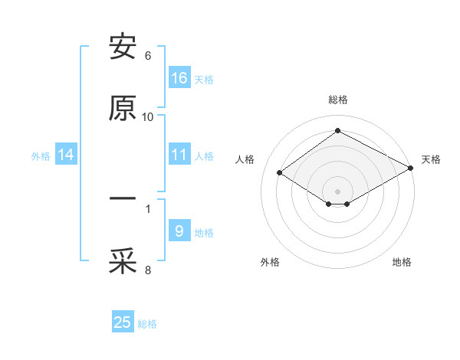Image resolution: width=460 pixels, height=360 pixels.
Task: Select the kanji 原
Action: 123,110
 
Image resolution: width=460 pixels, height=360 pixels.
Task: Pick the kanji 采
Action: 123,261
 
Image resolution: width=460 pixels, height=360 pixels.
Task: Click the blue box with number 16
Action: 179,78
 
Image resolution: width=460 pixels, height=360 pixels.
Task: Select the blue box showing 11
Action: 179,155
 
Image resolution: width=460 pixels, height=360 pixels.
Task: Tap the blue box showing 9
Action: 179,231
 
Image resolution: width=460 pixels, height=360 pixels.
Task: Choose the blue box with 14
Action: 66,155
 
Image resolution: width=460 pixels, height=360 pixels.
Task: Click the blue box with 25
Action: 123,322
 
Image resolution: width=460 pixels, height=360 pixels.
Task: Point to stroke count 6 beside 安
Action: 148,56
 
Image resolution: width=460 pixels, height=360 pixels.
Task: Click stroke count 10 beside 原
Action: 148,117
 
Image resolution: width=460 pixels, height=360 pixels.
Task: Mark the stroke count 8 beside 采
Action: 148,269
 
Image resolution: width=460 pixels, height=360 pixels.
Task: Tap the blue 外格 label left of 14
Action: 41,156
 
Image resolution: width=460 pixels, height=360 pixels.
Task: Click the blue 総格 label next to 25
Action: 147,324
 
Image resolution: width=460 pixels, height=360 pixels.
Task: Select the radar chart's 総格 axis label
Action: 338,100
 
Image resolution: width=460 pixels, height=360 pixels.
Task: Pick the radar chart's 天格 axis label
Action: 431,159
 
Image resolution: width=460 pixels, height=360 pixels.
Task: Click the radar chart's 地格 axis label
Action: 402,262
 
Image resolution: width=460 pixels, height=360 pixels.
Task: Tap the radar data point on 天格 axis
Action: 412,168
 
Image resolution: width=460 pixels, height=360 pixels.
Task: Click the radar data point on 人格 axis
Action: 280,173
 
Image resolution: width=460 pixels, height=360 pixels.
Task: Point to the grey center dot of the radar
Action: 338,191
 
